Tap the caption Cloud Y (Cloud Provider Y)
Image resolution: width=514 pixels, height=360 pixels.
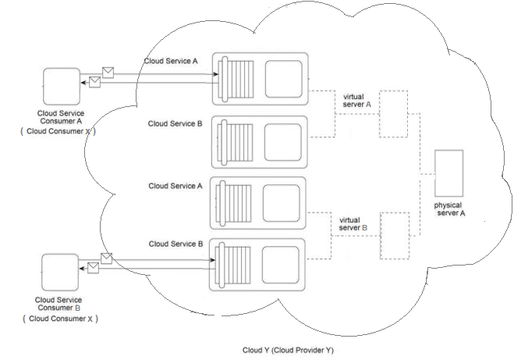click(x=288, y=351)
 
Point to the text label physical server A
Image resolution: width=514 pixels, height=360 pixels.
click(x=450, y=209)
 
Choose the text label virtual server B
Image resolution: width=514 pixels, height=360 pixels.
click(x=354, y=223)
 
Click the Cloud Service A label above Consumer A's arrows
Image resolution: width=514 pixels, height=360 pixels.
click(x=170, y=61)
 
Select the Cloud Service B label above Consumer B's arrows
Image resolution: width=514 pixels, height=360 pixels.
click(x=175, y=244)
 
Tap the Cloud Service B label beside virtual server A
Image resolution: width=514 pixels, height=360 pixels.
click(x=175, y=123)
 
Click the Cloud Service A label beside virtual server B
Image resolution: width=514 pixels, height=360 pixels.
click(x=175, y=187)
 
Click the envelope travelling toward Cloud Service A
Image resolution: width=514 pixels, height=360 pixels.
click(x=108, y=73)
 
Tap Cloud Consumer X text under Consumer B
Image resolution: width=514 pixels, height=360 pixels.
click(x=59, y=319)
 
